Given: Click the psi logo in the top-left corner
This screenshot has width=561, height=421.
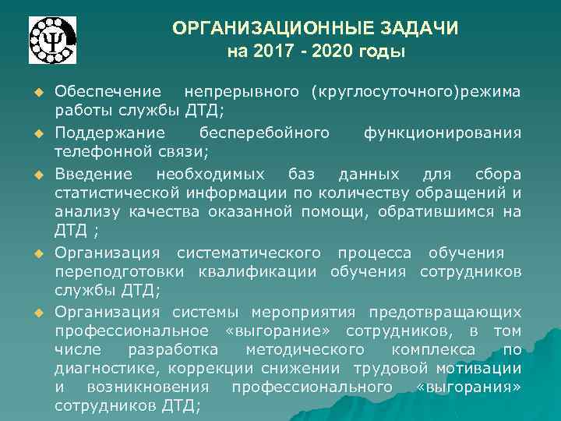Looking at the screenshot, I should pyautogui.click(x=53, y=41).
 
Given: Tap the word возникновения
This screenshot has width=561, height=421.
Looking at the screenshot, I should pyautogui.click(x=147, y=387).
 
